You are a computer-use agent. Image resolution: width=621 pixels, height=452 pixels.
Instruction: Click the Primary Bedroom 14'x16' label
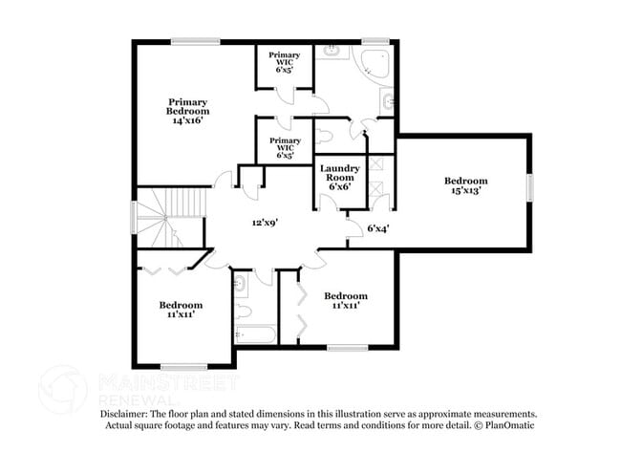188,112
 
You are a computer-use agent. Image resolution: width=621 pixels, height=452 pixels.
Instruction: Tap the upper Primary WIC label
284,62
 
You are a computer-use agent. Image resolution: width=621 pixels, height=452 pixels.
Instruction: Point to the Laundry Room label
338,176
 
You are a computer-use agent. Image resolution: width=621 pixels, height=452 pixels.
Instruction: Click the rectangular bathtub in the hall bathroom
254,334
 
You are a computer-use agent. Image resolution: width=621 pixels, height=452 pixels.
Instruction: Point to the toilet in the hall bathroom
243,311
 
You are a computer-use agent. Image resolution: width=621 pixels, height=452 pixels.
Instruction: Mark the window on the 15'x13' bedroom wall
529,186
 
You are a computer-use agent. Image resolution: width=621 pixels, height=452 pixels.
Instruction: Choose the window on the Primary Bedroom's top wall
195,41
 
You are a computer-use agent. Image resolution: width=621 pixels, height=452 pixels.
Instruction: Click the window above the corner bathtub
375,41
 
